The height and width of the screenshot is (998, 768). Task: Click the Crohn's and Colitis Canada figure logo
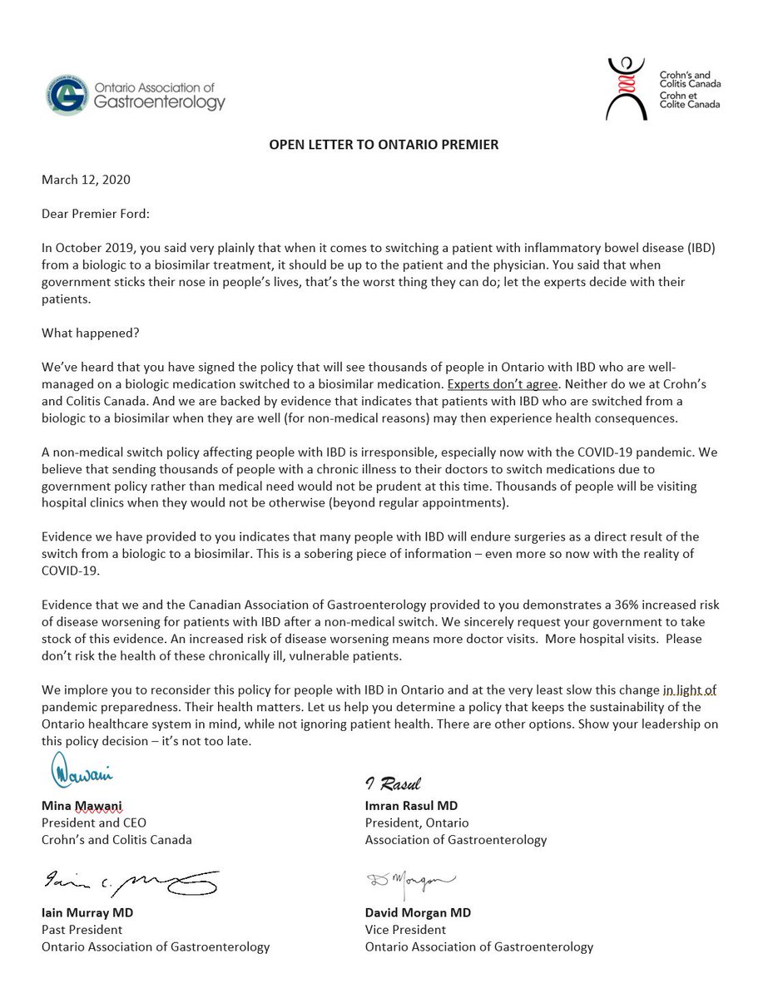pos(629,89)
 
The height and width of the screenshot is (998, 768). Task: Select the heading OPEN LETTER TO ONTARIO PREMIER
pos(384,145)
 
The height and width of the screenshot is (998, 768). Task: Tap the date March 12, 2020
pos(86,180)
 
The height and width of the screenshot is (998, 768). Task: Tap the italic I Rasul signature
pos(394,783)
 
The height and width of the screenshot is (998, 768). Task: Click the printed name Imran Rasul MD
pos(411,806)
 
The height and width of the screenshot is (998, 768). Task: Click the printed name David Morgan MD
pos(418,912)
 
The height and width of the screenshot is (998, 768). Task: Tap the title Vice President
pos(405,929)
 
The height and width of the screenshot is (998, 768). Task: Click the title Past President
pos(82,929)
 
